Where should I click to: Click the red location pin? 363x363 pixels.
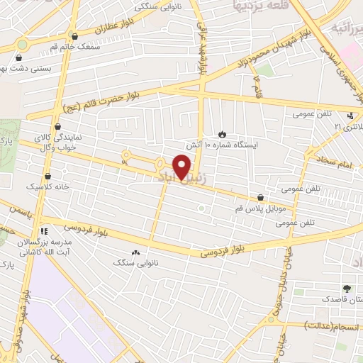pos(183,167)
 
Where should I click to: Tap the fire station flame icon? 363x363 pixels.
pos(223,133)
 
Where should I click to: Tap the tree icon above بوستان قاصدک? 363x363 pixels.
pos(346,289)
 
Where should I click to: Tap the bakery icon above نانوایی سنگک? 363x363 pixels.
pos(135,252)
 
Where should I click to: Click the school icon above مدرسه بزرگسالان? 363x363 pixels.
pos(43,231)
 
